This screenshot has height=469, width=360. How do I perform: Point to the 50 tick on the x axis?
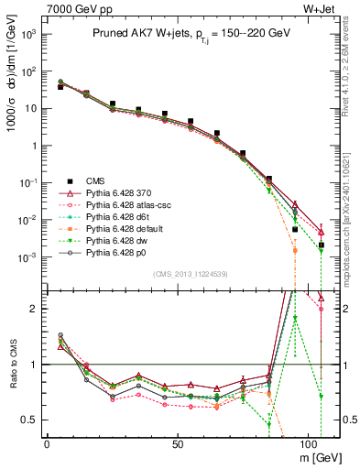177,443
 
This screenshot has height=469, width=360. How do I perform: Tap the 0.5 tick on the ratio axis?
30,420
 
